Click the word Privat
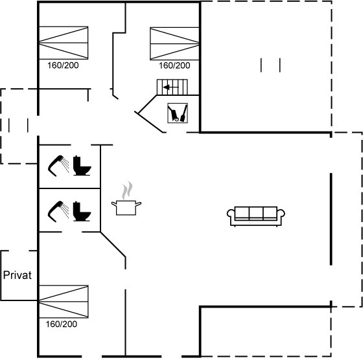tap(18, 275)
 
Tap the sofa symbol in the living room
tap(256, 216)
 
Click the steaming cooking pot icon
tap(126, 199)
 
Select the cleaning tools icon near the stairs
tap(178, 113)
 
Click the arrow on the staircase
tap(171, 87)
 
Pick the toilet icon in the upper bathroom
tap(82, 166)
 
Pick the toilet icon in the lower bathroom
tap(82, 212)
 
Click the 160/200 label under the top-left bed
tap(63, 65)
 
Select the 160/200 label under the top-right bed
tap(174, 65)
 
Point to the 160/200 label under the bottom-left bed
tap(62, 324)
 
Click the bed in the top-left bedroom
tap(64, 43)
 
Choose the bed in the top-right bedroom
tap(175, 43)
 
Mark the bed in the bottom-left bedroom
tap(64, 302)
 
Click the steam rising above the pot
tap(127, 191)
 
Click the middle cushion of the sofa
tap(256, 213)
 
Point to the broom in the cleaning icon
tap(183, 113)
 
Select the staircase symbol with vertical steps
tap(172, 87)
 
